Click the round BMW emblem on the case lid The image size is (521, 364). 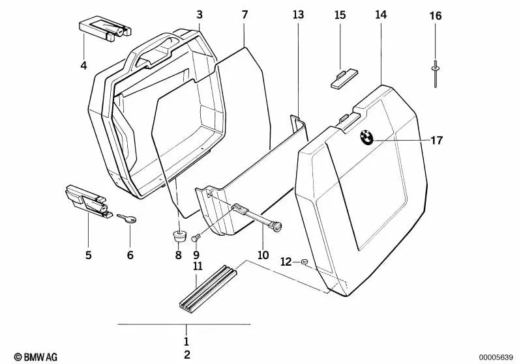tap(366, 136)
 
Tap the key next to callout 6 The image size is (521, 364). tap(127, 218)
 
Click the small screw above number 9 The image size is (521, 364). tap(196, 238)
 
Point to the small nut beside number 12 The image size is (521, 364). tap(304, 262)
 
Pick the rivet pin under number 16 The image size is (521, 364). tap(435, 74)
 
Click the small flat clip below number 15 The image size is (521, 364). tap(344, 78)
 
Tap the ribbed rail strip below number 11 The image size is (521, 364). tap(208, 289)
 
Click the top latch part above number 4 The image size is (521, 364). tap(105, 30)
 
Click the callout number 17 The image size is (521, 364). tap(437, 141)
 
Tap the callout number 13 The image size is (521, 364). tap(298, 14)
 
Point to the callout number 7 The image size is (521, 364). tap(245, 15)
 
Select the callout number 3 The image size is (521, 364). tap(199, 15)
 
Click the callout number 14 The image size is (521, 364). tap(381, 14)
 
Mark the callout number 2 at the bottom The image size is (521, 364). tap(186, 355)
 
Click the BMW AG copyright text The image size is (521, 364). tap(36, 357)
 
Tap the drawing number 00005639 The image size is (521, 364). tap(496, 357)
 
